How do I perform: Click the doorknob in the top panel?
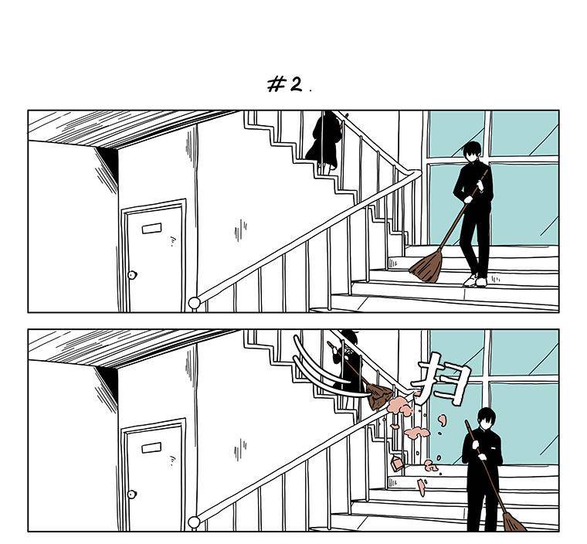[132, 275]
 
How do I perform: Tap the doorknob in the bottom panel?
[132, 495]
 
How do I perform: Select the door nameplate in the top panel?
[151, 228]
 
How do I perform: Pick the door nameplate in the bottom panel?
[151, 447]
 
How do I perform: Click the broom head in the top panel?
[427, 267]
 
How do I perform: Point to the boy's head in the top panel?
[472, 151]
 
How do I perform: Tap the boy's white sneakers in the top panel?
[476, 280]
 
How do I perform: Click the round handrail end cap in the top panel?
[194, 303]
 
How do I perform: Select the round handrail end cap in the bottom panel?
[194, 522]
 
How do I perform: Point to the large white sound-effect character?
[442, 379]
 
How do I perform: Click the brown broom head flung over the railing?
[379, 396]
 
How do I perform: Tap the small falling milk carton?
[397, 464]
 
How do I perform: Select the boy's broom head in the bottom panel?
[514, 522]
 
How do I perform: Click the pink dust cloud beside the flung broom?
[400, 406]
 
